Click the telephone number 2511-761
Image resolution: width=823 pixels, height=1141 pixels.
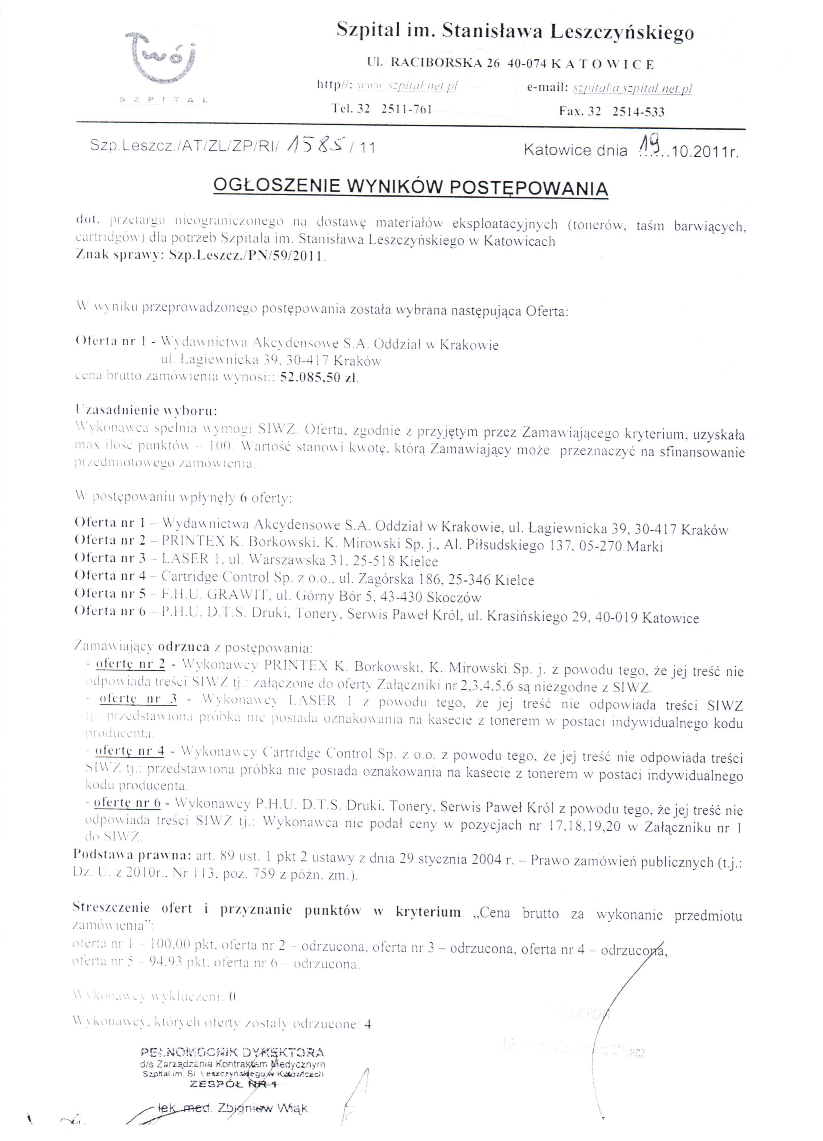pos(407,109)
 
